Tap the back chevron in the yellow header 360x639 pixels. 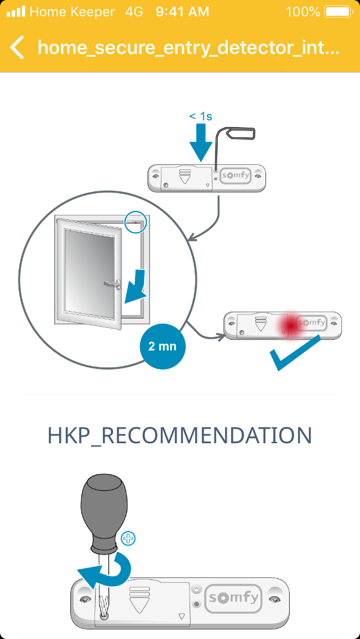pyautogui.click(x=17, y=47)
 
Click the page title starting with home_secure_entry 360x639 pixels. pyautogui.click(x=188, y=47)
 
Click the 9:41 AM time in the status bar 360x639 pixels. pyautogui.click(x=182, y=11)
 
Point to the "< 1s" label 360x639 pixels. pyautogui.click(x=200, y=116)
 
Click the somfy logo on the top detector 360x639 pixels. pyautogui.click(x=235, y=175)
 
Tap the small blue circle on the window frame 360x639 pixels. pyautogui.click(x=135, y=222)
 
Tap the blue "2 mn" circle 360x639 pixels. pyautogui.click(x=162, y=346)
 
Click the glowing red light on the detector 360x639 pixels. pyautogui.click(x=290, y=326)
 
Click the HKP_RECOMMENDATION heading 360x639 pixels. pyautogui.click(x=180, y=436)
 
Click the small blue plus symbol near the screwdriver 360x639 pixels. pyautogui.click(x=129, y=538)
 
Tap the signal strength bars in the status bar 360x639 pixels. pyautogui.click(x=16, y=11)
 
